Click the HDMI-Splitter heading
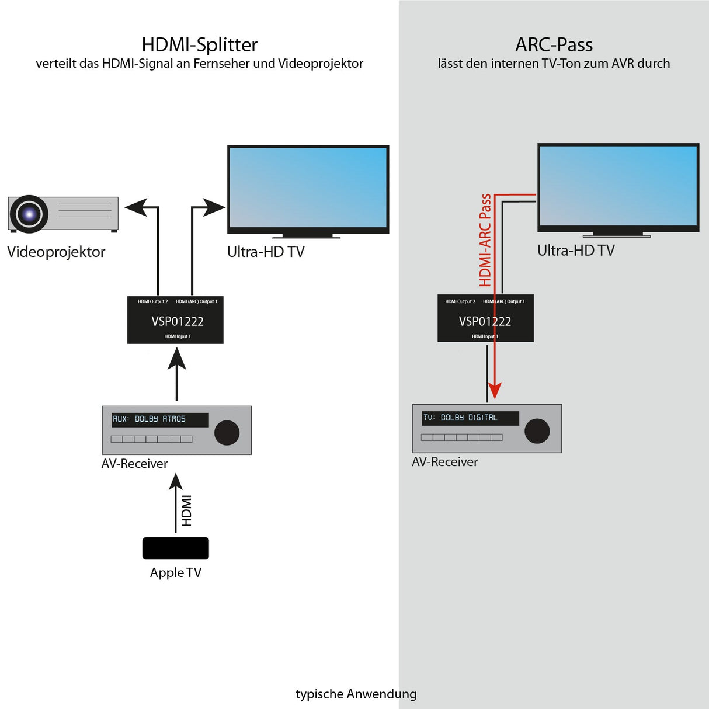click(199, 45)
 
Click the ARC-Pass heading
click(554, 45)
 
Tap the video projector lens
click(29, 214)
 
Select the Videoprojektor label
click(56, 252)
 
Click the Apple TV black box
click(175, 548)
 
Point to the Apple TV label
click(175, 572)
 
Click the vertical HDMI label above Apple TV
click(186, 510)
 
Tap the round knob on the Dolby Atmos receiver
click(227, 433)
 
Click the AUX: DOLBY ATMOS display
click(159, 419)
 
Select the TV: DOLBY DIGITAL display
click(470, 418)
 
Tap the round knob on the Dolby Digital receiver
click(537, 431)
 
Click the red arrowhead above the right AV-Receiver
click(495, 391)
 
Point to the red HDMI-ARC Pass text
click(485, 240)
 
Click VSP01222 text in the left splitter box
click(177, 321)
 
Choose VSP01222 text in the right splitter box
click(485, 321)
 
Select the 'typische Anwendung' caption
click(356, 694)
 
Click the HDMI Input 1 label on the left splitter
click(177, 336)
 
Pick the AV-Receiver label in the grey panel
click(444, 462)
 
